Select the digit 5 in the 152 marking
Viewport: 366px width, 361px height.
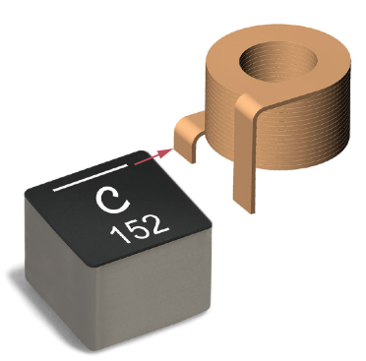pos(136,229)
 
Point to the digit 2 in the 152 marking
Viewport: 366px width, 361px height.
pos(157,223)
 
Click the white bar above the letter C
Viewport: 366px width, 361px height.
pos(91,177)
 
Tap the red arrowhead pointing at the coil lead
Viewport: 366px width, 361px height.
pos(166,152)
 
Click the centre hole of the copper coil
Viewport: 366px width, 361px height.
pos(278,62)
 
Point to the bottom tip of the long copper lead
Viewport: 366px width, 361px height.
pos(252,213)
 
